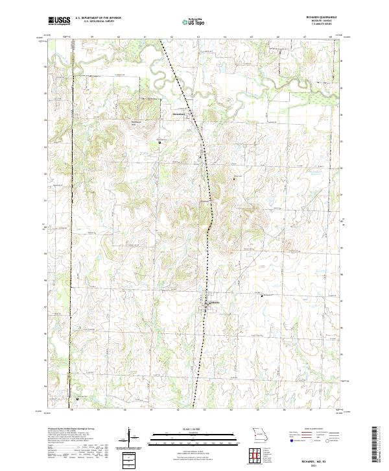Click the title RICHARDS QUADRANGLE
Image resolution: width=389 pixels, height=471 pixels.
point(322,18)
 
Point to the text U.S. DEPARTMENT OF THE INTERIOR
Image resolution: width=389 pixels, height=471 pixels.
point(98,18)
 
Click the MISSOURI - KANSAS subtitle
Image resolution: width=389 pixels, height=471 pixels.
point(322,21)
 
